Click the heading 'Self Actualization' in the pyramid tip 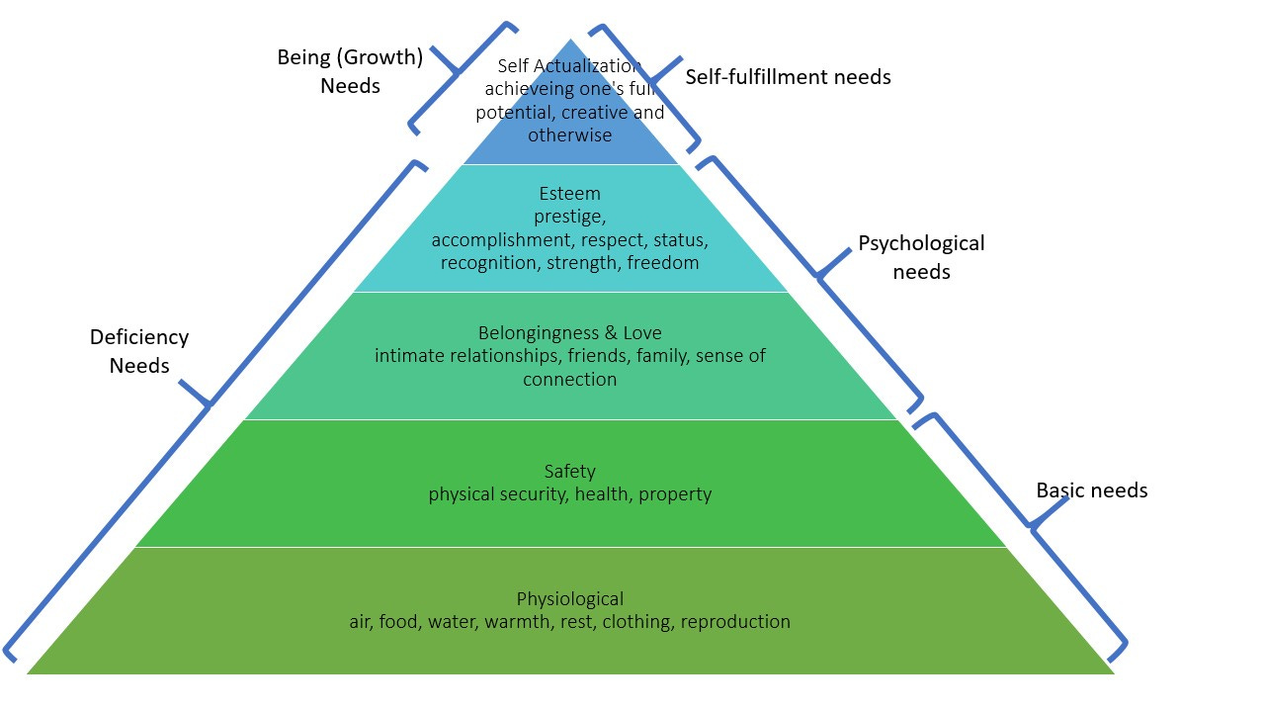[x=569, y=66]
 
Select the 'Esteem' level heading [x=570, y=194]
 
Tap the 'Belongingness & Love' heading [x=570, y=333]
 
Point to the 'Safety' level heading [x=570, y=472]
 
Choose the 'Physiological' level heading [x=570, y=599]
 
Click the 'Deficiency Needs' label [x=139, y=351]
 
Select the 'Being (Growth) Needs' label [x=350, y=71]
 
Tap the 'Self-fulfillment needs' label [x=788, y=77]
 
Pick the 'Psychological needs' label [x=921, y=257]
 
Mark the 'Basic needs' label [x=1091, y=490]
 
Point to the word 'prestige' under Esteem [x=570, y=217]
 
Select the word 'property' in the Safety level [x=675, y=494]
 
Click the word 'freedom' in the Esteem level [x=663, y=263]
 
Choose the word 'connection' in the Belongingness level [x=570, y=380]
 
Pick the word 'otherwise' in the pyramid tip [x=570, y=135]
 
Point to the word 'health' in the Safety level [x=603, y=494]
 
